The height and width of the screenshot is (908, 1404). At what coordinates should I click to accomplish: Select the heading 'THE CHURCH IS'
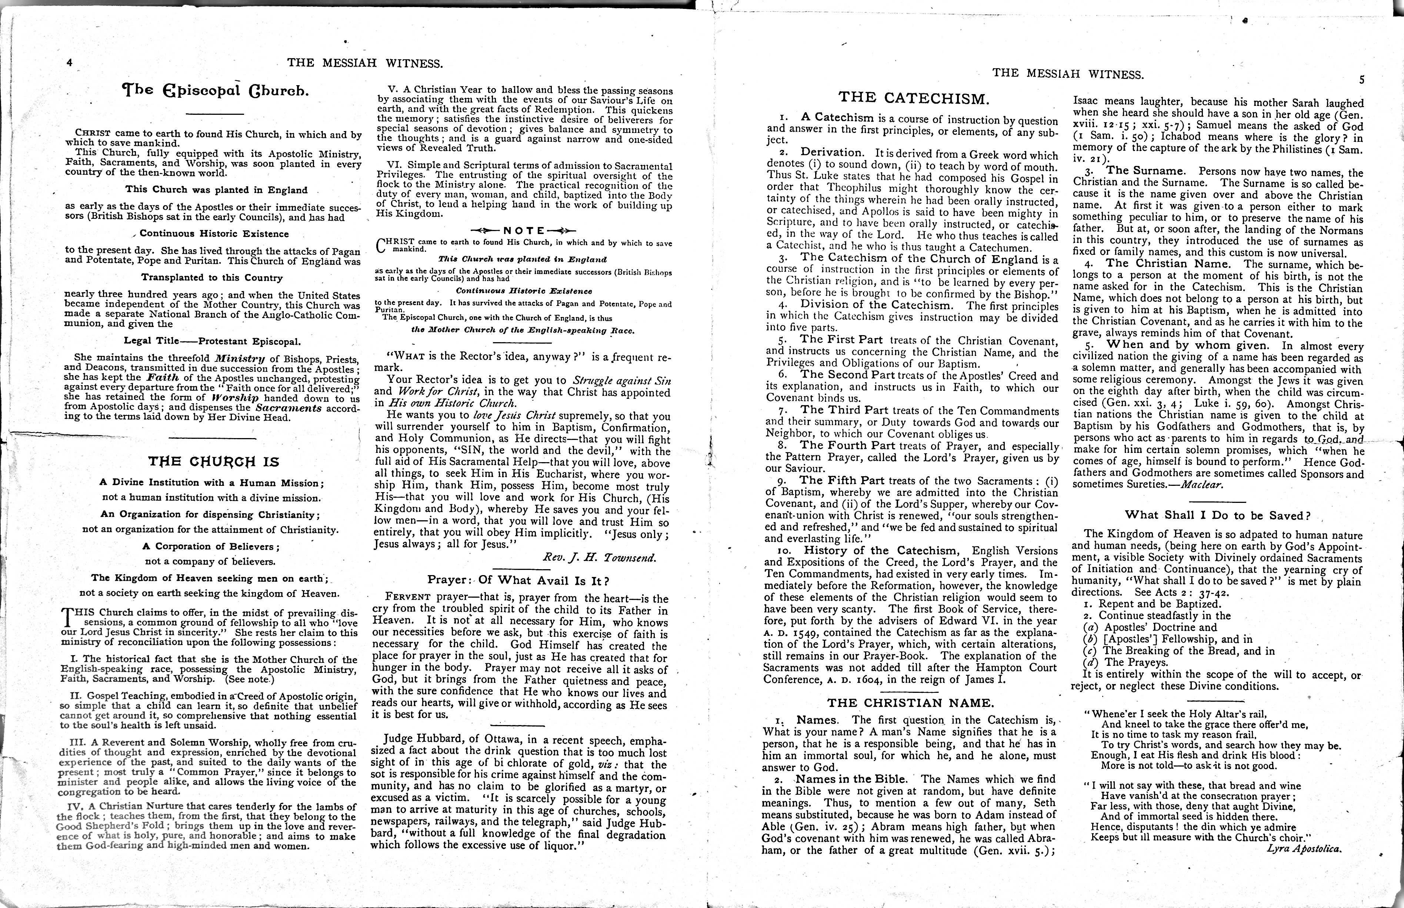coord(213,462)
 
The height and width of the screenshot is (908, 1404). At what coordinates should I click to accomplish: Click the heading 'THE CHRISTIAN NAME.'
coord(910,703)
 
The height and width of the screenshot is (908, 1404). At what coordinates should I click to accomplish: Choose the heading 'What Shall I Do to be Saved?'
coord(1217,515)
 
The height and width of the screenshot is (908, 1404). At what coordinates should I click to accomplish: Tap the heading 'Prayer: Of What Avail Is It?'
coord(518,580)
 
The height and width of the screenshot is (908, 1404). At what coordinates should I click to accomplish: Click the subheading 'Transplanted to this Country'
coord(212,278)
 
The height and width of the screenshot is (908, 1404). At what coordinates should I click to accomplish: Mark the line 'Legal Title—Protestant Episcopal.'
coord(212,341)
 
